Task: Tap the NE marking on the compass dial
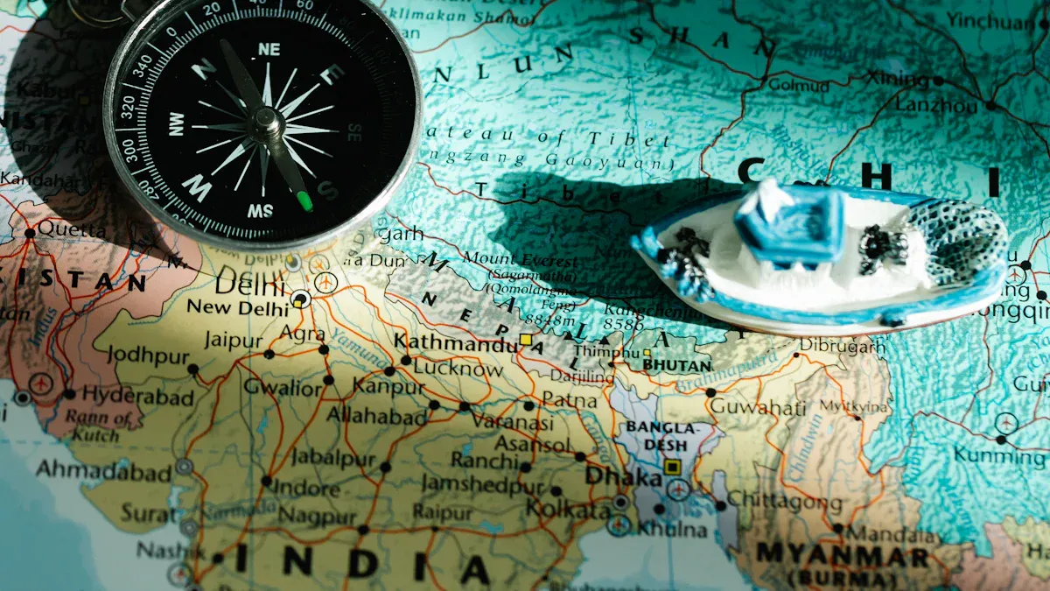(x=269, y=50)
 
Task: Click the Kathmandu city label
(x=455, y=343)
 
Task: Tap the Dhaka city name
(x=623, y=477)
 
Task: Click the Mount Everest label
(x=520, y=261)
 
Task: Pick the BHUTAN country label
(x=676, y=364)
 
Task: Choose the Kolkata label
(x=568, y=509)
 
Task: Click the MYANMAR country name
(x=842, y=554)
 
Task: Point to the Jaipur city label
(x=233, y=341)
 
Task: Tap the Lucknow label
(x=458, y=369)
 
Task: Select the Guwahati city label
(x=758, y=407)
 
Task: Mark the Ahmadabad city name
(x=103, y=471)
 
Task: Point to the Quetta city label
(x=59, y=229)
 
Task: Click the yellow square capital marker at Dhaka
(x=672, y=467)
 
